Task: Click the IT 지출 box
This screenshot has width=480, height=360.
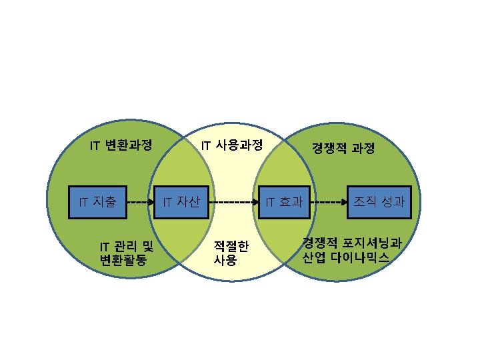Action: [98, 201]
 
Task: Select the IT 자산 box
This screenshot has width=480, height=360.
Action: [181, 201]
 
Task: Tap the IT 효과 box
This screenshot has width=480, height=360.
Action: [285, 201]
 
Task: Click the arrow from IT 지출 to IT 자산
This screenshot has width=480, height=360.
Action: [139, 201]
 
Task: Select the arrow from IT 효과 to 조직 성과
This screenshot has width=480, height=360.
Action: [329, 201]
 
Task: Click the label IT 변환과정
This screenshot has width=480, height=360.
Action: [121, 145]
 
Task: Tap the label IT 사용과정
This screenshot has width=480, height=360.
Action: [232, 145]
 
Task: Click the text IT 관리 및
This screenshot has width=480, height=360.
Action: [126, 248]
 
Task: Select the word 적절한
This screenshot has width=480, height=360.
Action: [231, 247]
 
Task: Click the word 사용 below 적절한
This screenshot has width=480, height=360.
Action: [225, 260]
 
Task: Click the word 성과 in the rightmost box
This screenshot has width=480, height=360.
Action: [390, 201]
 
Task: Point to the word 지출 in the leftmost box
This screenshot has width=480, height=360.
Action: [105, 201]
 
